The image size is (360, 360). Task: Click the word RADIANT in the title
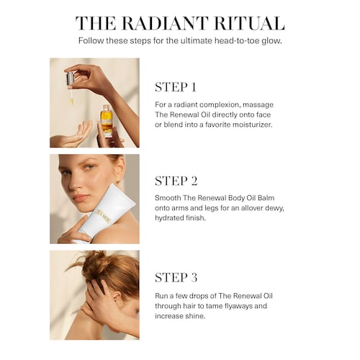pos(165,23)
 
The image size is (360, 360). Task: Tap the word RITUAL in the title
pos(249,23)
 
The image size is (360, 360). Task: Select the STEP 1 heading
pos(176,87)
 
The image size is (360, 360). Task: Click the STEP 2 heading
pos(176,181)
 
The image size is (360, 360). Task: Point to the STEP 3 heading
pos(176,277)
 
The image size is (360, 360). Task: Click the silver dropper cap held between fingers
pos(70,78)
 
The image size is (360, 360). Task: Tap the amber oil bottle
pos(107,120)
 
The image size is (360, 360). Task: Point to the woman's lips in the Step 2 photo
pos(80,198)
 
